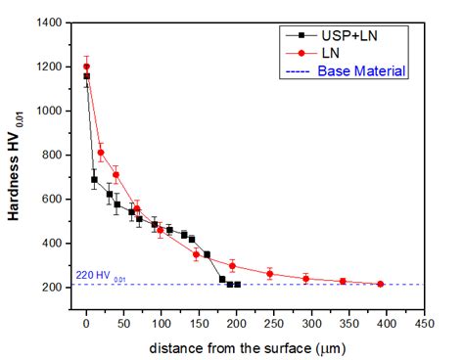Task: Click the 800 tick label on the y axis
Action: (x=55, y=155)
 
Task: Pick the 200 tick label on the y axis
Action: (x=55, y=287)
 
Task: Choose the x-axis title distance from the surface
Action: (x=258, y=348)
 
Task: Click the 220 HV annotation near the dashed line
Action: (x=101, y=277)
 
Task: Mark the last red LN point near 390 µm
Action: (x=380, y=285)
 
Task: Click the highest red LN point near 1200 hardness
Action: (x=86, y=67)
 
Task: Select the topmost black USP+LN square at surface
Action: (x=86, y=76)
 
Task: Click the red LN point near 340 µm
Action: (x=343, y=281)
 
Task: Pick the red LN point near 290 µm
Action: (x=305, y=279)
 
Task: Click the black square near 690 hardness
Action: (x=94, y=179)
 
